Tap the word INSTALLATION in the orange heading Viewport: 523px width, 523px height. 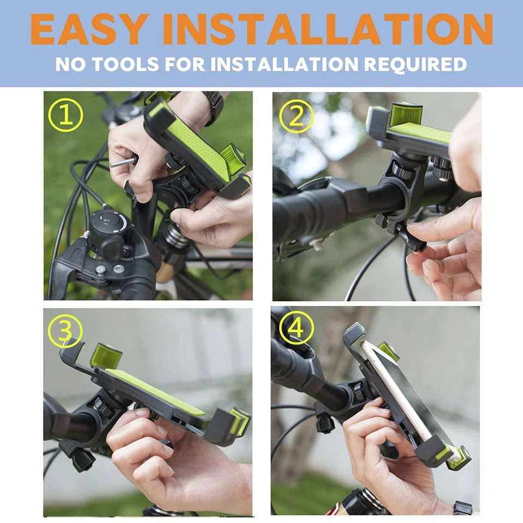328,29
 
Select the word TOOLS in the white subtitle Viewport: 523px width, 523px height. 125,64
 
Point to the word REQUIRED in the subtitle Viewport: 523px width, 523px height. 415,64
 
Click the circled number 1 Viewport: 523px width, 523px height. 66,115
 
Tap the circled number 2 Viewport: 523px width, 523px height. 296,117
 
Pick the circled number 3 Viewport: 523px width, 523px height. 65,332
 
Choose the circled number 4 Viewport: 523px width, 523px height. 296,328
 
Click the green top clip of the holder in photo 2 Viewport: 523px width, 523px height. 406,115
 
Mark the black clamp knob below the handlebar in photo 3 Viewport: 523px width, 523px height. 78,457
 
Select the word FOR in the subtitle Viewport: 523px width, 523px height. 185,64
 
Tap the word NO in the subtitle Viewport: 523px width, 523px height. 70,64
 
